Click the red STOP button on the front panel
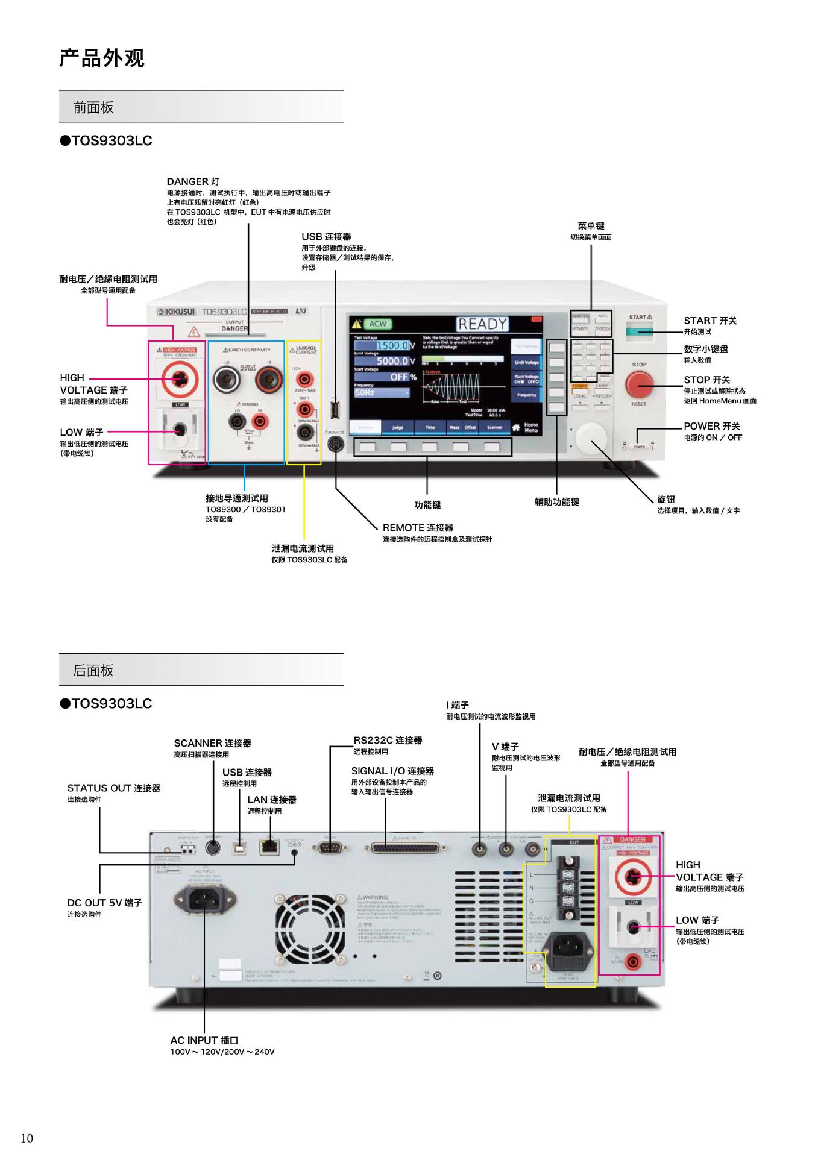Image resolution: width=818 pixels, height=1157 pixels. click(638, 383)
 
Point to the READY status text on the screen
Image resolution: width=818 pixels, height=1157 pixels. click(482, 324)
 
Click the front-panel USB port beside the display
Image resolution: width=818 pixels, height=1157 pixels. click(335, 410)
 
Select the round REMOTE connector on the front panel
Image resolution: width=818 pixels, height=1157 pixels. click(335, 445)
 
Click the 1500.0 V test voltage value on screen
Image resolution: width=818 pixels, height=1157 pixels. click(392, 346)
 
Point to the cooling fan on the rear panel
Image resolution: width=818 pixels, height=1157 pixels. click(311, 929)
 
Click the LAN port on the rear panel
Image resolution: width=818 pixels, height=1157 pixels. click(269, 847)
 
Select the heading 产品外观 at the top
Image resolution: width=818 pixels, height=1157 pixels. click(102, 58)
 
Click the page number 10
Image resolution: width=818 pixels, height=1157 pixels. click(27, 1138)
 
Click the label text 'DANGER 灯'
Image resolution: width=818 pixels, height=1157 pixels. click(193, 181)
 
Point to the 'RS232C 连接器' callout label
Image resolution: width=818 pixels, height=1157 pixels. click(388, 740)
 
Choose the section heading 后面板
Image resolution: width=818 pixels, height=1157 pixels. click(93, 670)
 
